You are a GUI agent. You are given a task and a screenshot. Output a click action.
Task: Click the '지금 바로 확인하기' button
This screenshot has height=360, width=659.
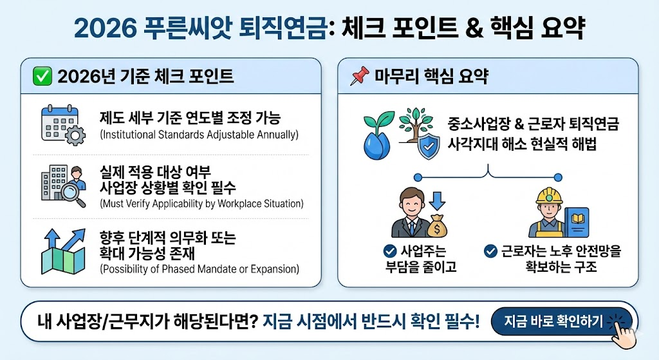pyautogui.click(x=553, y=321)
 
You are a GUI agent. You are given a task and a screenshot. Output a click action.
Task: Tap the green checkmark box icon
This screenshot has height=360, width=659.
pyautogui.click(x=42, y=76)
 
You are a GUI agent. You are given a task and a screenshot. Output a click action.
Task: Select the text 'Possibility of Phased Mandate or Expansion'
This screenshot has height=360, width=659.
pyautogui.click(x=200, y=269)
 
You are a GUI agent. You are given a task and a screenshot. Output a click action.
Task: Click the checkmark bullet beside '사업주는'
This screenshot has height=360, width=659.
pyautogui.click(x=389, y=251)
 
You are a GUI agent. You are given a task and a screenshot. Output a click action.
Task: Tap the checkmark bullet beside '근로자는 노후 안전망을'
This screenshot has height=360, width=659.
pyautogui.click(x=491, y=251)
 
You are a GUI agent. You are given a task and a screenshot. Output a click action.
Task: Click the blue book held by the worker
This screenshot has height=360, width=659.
pyautogui.click(x=575, y=220)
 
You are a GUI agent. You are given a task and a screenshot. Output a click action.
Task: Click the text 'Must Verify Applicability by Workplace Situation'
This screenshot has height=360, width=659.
pyautogui.click(x=201, y=204)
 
